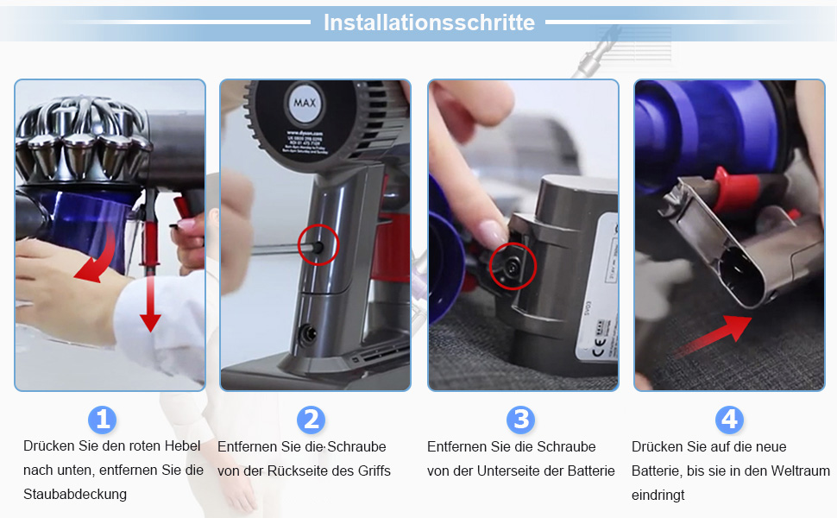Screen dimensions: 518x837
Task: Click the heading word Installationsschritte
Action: click(x=429, y=22)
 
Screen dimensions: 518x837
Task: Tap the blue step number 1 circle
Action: click(x=103, y=420)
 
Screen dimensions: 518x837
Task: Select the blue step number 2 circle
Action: click(x=311, y=420)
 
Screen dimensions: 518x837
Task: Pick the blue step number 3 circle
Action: click(x=520, y=420)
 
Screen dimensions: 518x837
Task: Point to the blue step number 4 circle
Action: click(x=729, y=420)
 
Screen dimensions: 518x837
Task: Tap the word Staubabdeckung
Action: click(x=75, y=494)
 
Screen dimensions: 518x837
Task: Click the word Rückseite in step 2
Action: click(x=294, y=471)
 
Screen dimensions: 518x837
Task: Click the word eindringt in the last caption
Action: click(x=658, y=495)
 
